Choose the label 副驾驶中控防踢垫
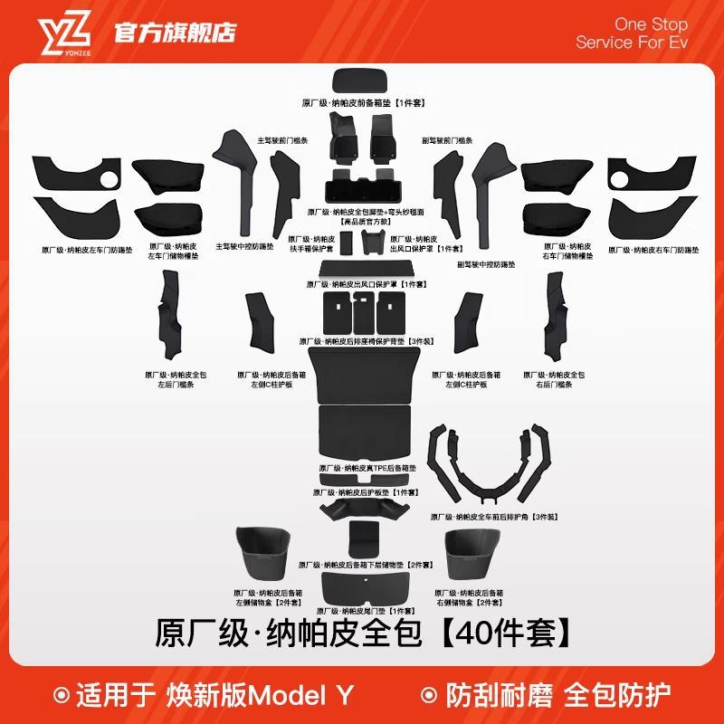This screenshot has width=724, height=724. coord(486,264)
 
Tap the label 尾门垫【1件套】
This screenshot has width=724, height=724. coord(362,611)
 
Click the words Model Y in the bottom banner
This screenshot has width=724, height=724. coord(301,695)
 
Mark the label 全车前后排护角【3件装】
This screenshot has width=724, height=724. coord(494,517)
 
